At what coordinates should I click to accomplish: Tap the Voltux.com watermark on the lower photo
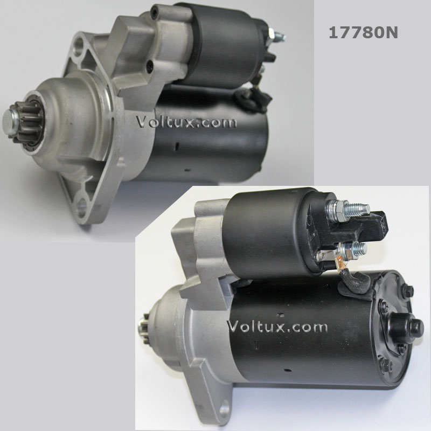tap(277, 326)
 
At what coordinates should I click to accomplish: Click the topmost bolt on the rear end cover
tap(408, 291)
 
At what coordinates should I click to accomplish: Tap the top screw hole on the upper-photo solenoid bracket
tap(155, 10)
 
